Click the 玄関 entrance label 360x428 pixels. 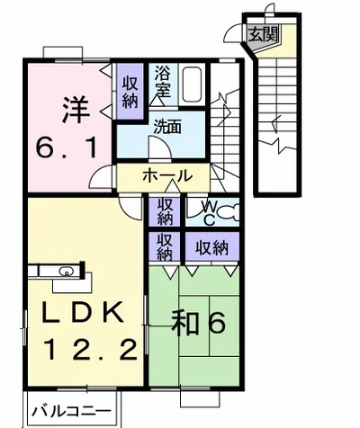(x=264, y=34)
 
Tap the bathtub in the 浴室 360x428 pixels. (x=193, y=85)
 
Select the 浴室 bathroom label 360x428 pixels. (x=163, y=81)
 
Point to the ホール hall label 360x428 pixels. (x=167, y=175)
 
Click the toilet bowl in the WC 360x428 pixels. (x=228, y=212)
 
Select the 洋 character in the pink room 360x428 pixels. (x=76, y=109)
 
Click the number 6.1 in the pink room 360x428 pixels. (x=67, y=147)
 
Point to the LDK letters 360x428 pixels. (x=83, y=312)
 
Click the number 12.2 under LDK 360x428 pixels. (x=91, y=351)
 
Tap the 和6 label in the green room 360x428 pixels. (x=198, y=324)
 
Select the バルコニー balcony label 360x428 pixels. (x=71, y=411)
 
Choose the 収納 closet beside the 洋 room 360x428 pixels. (x=130, y=93)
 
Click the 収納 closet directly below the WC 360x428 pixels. (x=212, y=248)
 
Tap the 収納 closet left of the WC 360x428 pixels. (x=165, y=211)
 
